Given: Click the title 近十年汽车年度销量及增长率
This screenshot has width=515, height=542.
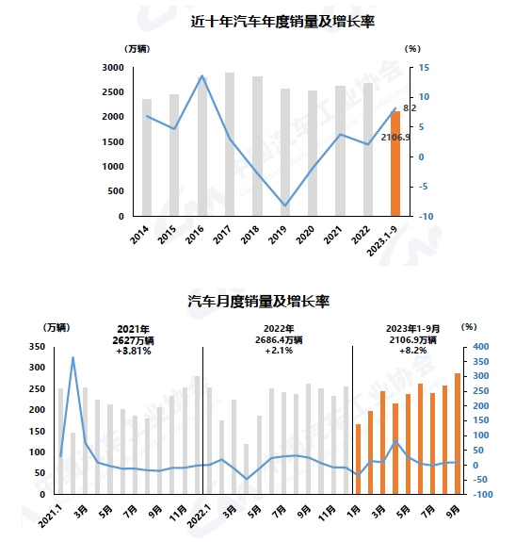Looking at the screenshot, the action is (282, 22).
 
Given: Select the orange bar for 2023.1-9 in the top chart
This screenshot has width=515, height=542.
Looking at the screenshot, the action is (395, 163).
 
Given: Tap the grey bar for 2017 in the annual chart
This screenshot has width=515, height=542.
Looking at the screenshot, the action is (230, 144).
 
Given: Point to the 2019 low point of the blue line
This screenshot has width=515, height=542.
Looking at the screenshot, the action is (285, 205).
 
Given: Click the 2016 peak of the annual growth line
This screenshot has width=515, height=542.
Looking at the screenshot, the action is (202, 75).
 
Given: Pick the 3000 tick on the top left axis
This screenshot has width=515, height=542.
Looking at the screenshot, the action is (113, 68).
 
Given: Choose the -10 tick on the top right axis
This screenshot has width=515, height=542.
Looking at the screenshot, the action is (426, 217).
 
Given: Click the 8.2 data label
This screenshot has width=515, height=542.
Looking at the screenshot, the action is (410, 108).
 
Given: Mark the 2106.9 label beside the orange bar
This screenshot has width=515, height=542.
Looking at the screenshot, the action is (395, 138).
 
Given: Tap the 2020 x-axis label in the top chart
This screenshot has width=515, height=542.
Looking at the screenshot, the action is (305, 235).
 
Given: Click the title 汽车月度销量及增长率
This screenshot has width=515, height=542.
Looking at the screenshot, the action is (259, 301).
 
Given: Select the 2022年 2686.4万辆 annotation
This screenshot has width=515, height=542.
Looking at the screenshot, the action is (279, 335).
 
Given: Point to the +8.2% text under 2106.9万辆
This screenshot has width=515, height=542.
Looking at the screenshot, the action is (412, 351).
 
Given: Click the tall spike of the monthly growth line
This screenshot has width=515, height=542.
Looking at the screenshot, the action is (72, 358).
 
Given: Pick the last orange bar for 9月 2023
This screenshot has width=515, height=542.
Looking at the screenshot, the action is (458, 434).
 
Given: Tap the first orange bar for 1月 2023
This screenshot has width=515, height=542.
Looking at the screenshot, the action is (358, 459).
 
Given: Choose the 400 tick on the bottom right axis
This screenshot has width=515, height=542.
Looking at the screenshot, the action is (481, 346).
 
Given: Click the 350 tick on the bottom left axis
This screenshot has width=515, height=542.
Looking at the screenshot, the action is (37, 346).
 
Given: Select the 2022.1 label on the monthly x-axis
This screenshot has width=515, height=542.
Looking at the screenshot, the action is (200, 516).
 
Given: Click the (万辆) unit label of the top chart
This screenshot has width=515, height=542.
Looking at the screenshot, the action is (137, 49).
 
